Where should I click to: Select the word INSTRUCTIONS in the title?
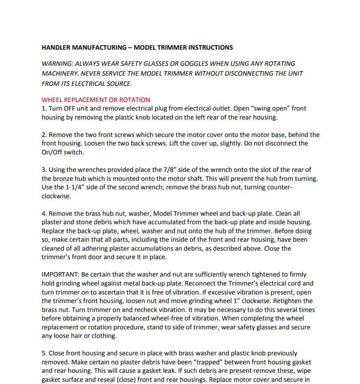(210, 47)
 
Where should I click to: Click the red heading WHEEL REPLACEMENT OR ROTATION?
(96, 100)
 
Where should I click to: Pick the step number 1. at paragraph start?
(44, 108)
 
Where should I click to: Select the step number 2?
(44, 135)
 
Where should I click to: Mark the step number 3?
(44, 170)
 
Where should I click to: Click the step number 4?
(44, 213)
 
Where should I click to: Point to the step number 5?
(44, 353)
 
